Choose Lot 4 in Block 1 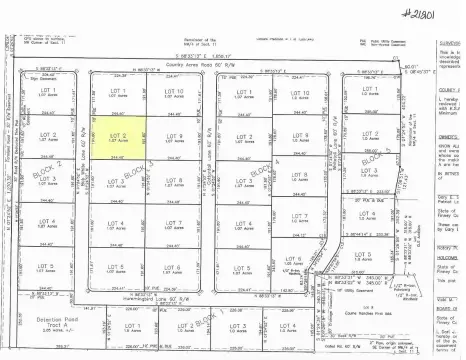pyautogui.click(x=290, y=327)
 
